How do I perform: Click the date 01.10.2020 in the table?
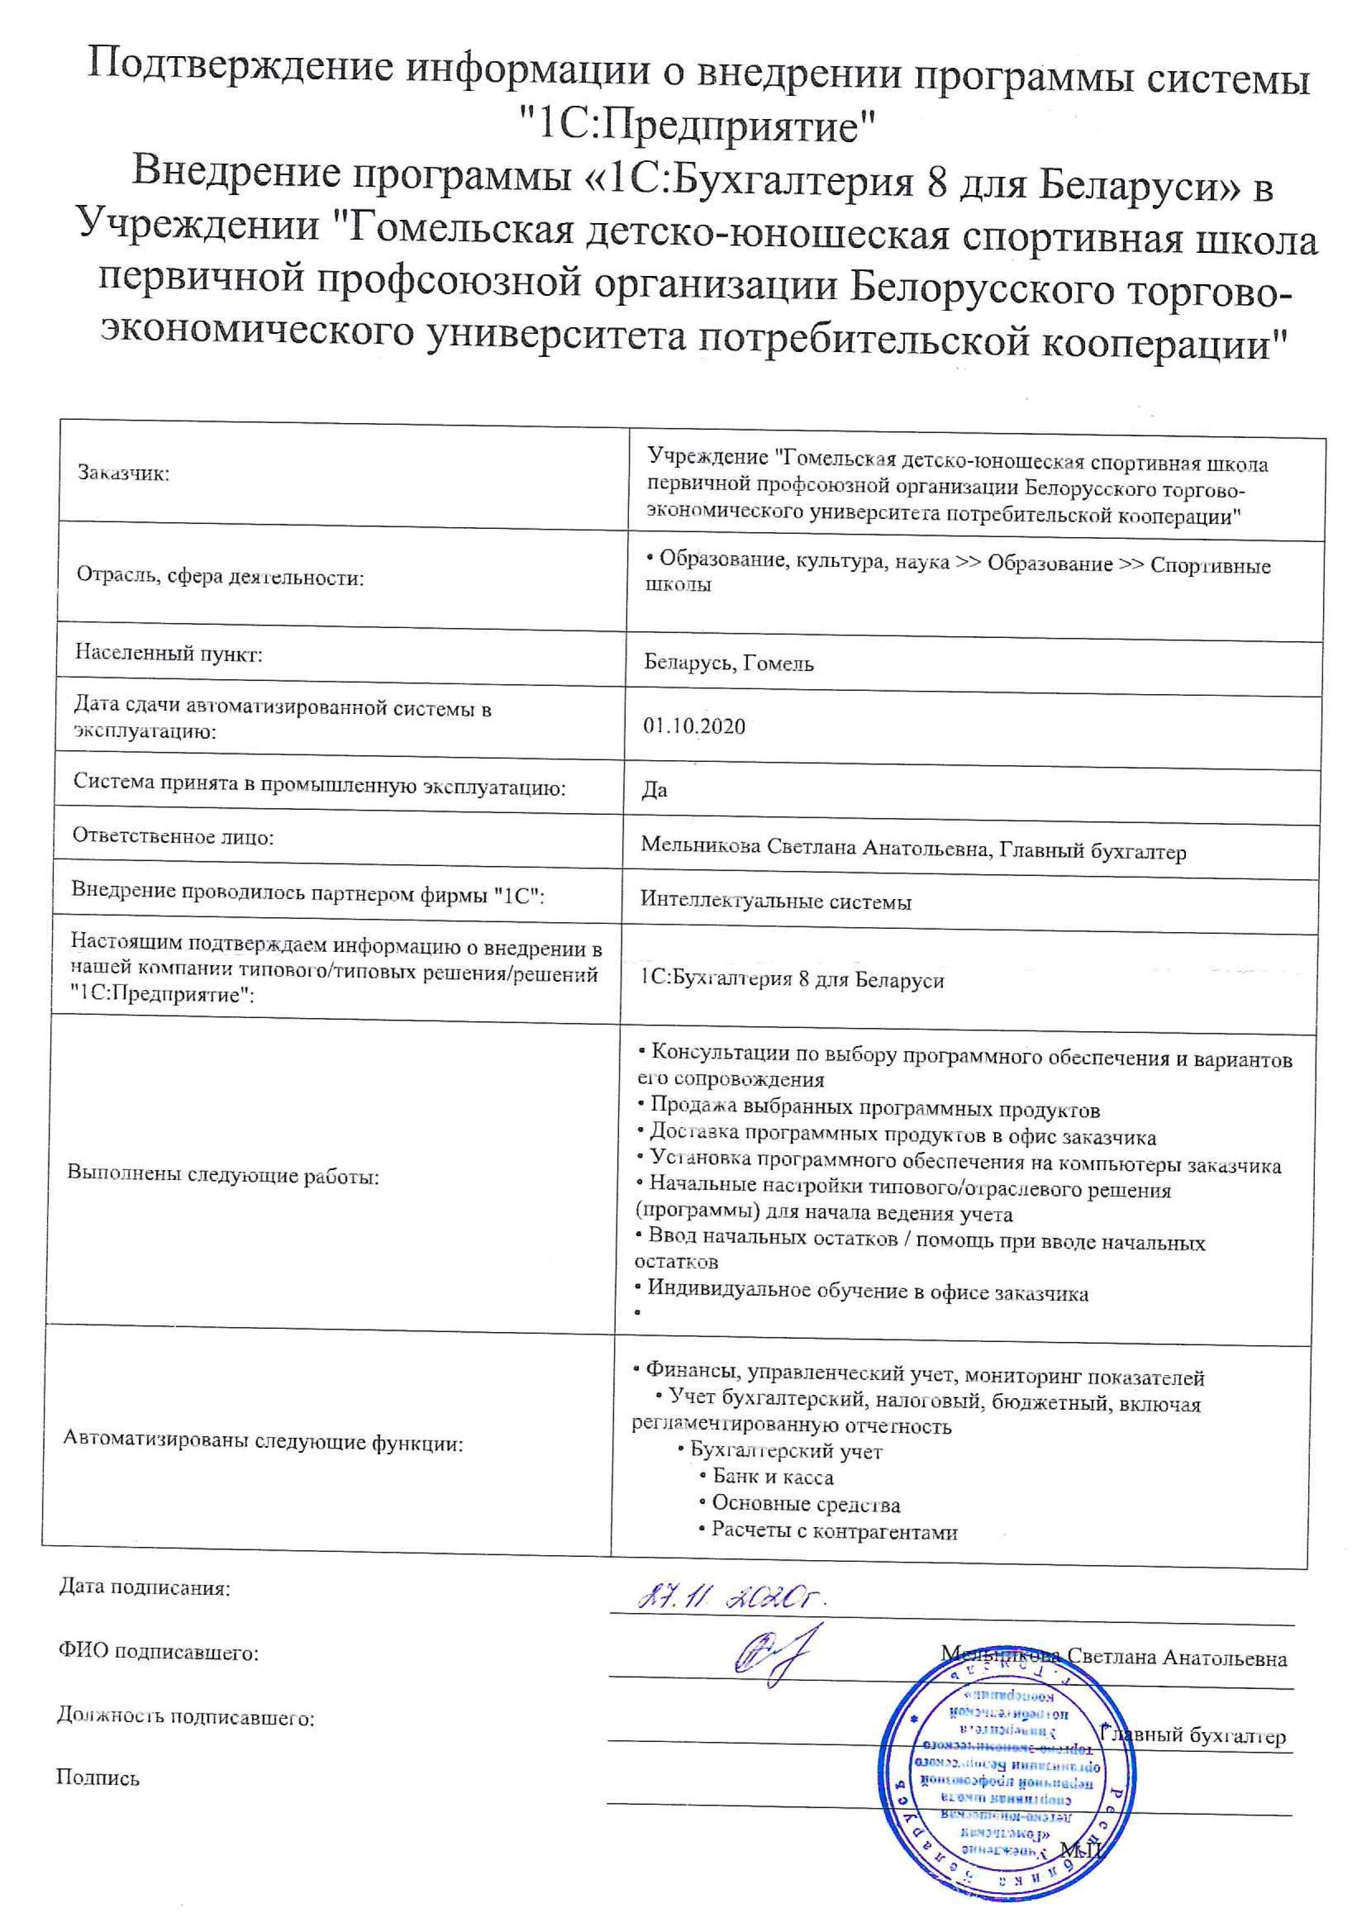[x=694, y=726]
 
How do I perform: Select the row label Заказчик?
[x=123, y=473]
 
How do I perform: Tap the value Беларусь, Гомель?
[x=728, y=663]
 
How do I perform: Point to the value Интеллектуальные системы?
[x=776, y=901]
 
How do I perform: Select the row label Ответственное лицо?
[x=174, y=836]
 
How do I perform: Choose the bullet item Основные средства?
[x=805, y=1503]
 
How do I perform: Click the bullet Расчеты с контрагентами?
[x=833, y=1530]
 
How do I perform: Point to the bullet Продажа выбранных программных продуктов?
[x=874, y=1108]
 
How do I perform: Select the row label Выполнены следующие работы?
[x=223, y=1176]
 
